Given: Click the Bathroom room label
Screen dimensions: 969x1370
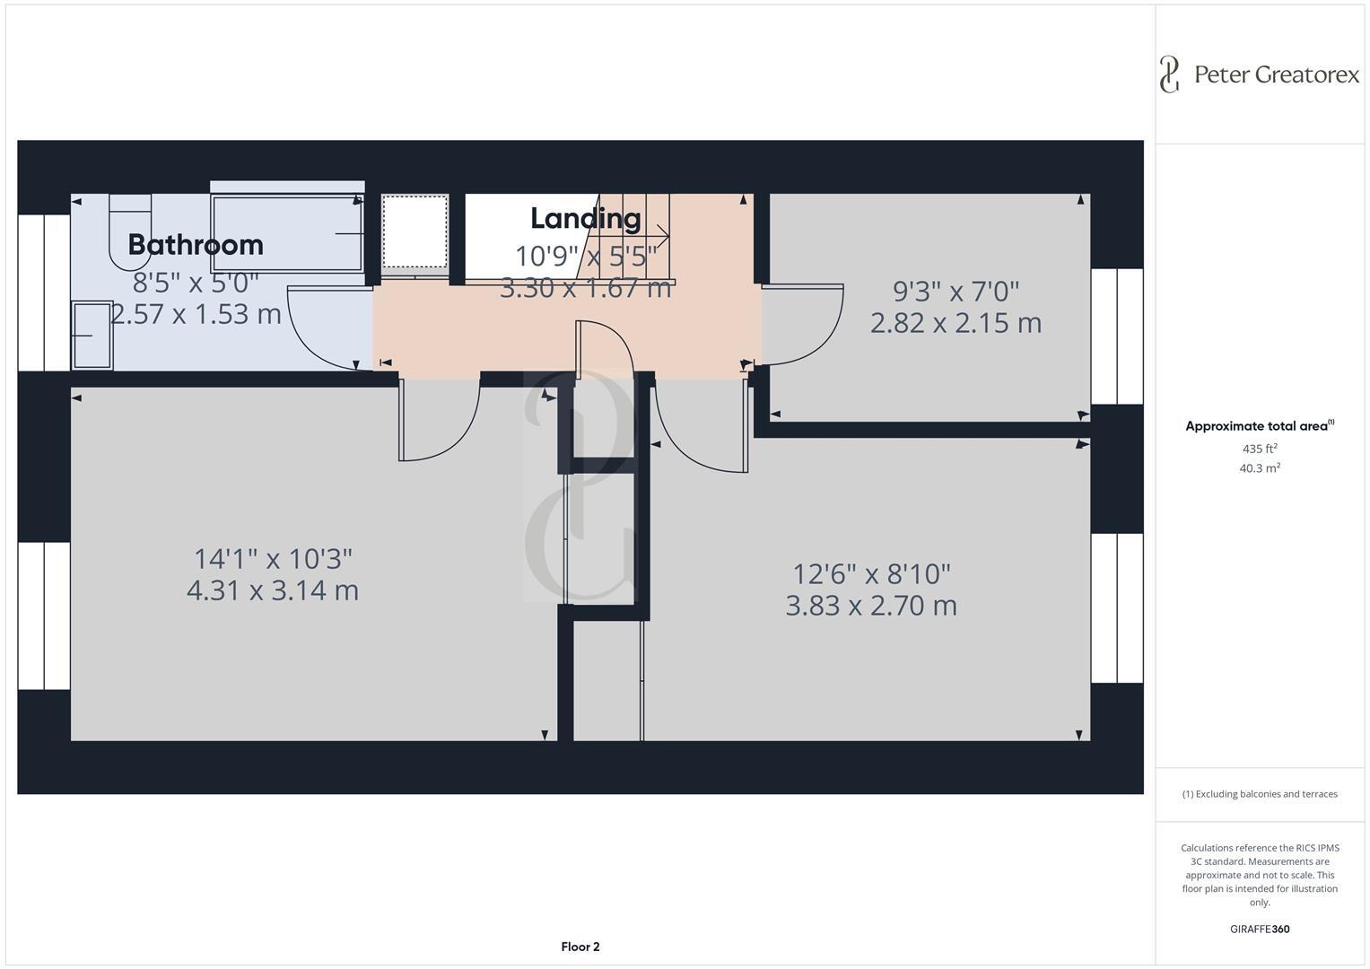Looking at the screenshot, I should (x=196, y=244).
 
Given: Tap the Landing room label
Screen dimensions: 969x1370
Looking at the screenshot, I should (x=585, y=218).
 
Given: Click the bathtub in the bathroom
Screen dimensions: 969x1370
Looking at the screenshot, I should (x=286, y=233).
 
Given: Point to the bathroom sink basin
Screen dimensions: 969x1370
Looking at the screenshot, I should (x=92, y=336).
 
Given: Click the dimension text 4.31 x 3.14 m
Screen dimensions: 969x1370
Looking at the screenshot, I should (x=273, y=590).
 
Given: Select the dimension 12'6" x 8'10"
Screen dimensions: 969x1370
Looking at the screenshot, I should (x=871, y=572).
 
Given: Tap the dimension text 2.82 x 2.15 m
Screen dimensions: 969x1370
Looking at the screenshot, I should (x=956, y=323).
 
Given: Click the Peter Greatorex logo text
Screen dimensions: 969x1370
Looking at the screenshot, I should (x=1276, y=74).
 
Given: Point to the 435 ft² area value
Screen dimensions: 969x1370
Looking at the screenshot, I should (x=1260, y=449).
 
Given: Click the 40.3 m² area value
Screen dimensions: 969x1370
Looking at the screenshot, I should (x=1260, y=468).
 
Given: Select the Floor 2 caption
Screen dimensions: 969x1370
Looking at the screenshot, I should (x=580, y=947).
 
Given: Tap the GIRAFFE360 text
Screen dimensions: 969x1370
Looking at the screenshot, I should (x=1260, y=929).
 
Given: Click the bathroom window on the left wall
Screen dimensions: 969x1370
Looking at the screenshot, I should (x=44, y=292).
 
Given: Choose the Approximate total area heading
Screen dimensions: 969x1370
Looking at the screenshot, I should (x=1256, y=426).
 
